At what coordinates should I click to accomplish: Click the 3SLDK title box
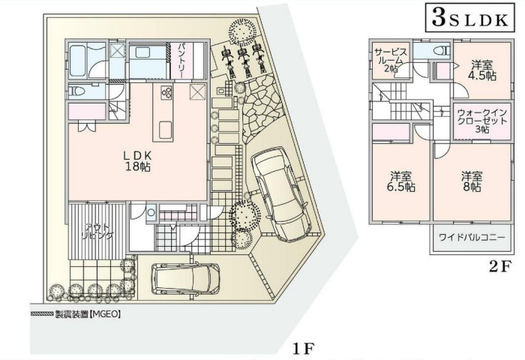469,19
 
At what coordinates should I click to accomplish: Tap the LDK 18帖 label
138,161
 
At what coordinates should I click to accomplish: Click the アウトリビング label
98,230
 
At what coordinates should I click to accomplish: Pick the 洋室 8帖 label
472,181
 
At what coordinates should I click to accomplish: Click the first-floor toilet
78,91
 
